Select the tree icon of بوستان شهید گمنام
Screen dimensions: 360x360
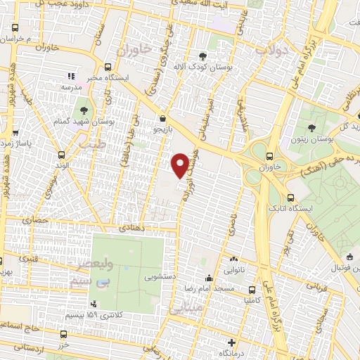tap(83, 110)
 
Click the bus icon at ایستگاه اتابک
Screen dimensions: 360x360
tap(290, 198)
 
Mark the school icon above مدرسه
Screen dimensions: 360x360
tap(70, 75)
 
